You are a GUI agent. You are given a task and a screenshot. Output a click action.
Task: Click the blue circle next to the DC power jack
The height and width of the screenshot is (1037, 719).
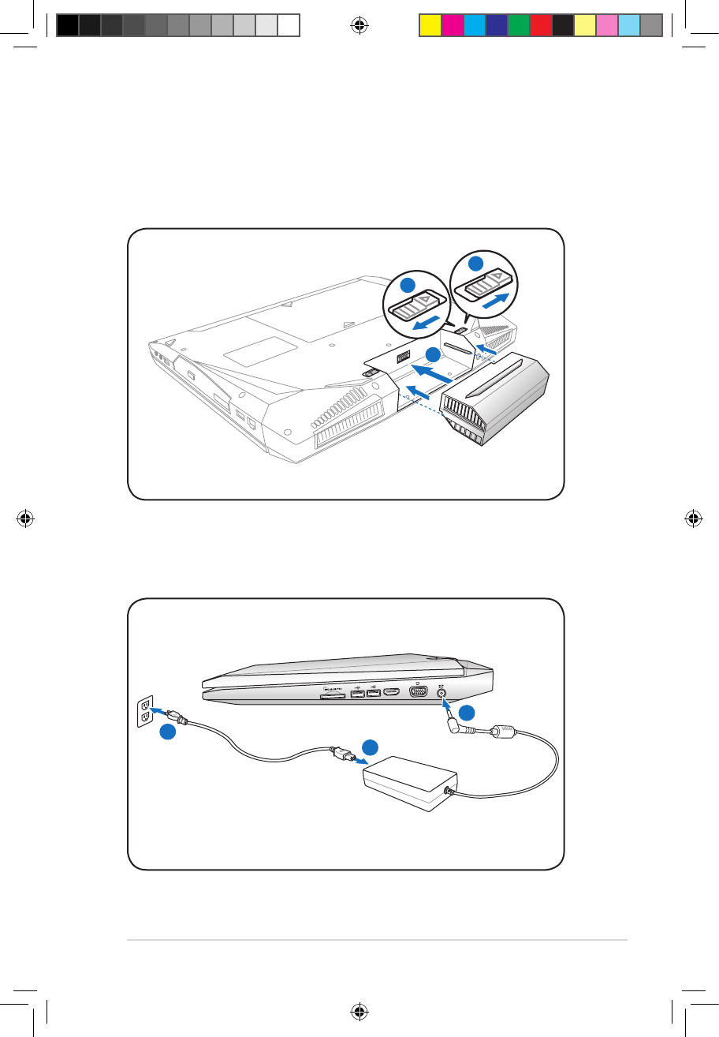467,713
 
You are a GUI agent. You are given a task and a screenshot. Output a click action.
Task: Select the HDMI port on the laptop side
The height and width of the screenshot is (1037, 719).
393,694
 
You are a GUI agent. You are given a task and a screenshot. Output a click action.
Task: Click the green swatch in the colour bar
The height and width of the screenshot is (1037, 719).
518,25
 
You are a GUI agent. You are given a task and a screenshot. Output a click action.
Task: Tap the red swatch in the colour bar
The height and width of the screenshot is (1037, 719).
540,25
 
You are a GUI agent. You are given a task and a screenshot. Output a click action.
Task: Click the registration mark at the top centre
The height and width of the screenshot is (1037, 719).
359,26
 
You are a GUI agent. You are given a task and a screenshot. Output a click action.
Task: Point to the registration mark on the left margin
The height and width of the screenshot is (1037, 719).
26,518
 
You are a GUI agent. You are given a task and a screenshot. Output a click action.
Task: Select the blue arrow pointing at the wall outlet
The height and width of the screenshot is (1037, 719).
162,713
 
